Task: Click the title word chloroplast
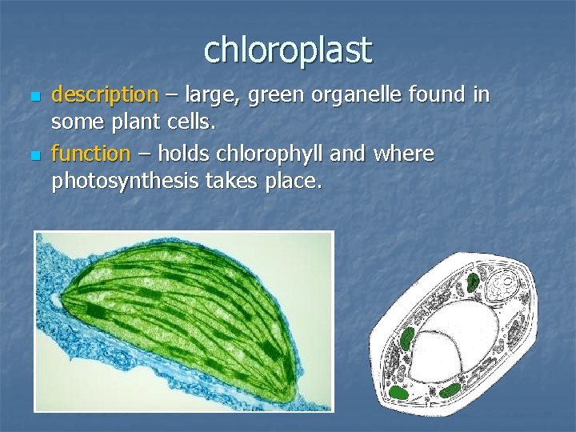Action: coord(288,50)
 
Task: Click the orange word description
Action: coord(105,95)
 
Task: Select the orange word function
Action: coord(90,154)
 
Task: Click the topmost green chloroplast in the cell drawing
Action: coord(474,281)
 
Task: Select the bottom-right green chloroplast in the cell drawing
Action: coord(450,390)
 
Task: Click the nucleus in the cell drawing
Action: coord(505,284)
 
